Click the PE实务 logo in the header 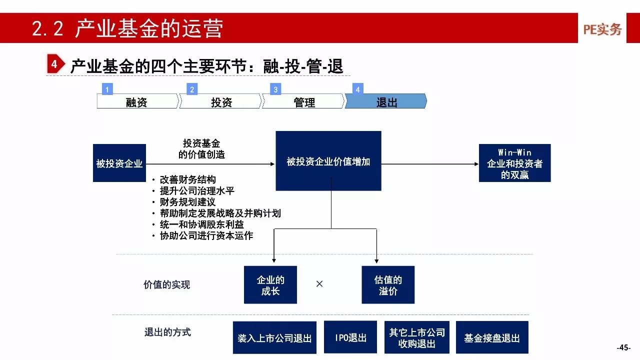pos(602,29)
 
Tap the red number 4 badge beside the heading pos(54,64)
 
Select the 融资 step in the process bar pos(137,101)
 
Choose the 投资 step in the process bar pos(221,101)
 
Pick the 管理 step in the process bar pos(304,101)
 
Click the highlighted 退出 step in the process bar pos(386,101)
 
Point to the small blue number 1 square pos(107,89)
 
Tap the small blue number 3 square pos(275,89)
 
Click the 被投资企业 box pos(119,163)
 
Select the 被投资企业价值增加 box pos(328,161)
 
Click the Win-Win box pos(514,163)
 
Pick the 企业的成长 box pos(270,285)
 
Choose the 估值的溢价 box pos(388,285)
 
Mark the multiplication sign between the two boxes pos(319,284)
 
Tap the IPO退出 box pos(350,337)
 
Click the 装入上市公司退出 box pos(274,338)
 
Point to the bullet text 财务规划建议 pos(187,202)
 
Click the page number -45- pos(623,347)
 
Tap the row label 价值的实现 pos(167,284)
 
